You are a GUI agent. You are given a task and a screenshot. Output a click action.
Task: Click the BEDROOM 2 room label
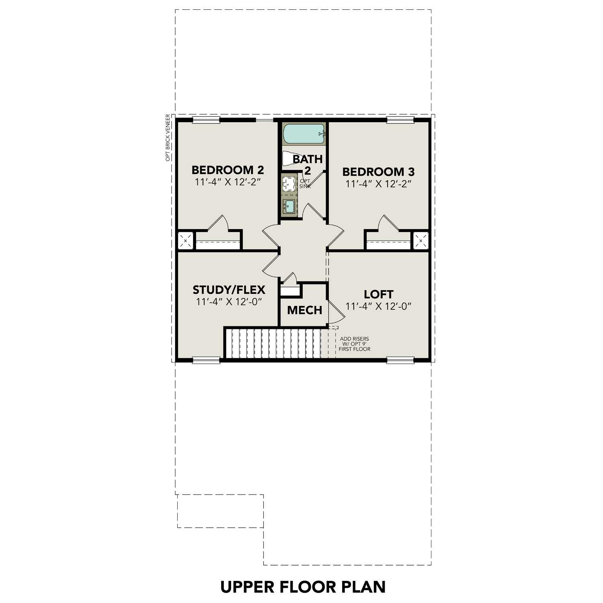228,170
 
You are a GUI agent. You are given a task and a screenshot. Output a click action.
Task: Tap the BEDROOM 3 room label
378,172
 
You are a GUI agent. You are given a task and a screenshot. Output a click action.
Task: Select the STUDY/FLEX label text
229,289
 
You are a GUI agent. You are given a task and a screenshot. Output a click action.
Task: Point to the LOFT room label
378,294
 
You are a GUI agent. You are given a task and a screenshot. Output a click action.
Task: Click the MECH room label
304,310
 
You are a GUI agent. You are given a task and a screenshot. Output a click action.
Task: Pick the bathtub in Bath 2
304,134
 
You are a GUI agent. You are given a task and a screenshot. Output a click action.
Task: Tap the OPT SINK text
305,184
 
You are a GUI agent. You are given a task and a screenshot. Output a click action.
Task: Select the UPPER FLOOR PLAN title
303,587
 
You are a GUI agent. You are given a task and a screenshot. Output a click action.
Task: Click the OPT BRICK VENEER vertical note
168,138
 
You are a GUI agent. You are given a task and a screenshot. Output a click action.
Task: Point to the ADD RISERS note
354,344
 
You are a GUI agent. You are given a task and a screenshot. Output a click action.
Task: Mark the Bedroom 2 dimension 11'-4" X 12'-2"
228,182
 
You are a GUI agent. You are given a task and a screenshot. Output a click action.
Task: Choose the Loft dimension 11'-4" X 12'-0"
378,306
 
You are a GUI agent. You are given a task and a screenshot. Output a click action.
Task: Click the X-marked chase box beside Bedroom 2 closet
185,241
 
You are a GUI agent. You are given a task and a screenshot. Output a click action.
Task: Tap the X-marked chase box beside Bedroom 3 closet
421,241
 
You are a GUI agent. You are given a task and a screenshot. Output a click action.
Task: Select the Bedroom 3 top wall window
400,119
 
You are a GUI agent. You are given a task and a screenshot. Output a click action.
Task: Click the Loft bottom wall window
400,360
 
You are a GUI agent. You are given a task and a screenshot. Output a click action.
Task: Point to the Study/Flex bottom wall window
206,360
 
